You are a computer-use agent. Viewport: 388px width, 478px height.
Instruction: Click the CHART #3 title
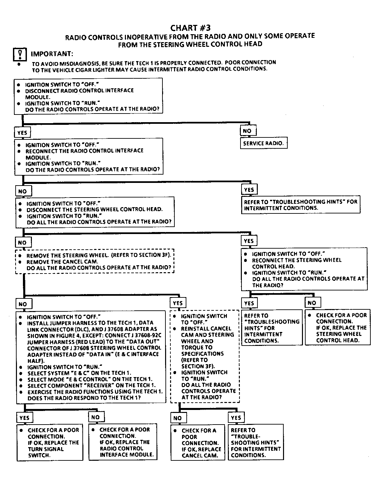point(190,28)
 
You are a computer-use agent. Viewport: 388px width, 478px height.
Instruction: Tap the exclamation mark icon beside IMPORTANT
point(20,54)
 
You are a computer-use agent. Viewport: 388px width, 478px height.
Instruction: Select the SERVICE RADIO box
point(263,143)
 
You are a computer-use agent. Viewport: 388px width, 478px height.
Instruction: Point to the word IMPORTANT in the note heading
point(52,54)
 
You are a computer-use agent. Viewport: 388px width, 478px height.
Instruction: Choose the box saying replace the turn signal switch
point(50,442)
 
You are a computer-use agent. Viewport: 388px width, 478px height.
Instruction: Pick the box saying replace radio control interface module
point(123,442)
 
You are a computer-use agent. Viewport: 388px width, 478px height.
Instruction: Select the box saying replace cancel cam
point(199,443)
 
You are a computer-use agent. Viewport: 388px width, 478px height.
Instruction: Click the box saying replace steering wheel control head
point(338,327)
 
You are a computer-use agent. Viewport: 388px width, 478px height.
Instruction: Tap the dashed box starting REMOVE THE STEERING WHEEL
point(95,261)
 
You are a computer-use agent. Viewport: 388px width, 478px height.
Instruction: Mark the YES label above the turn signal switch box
point(24,418)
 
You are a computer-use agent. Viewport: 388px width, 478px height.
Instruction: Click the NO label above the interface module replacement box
point(95,417)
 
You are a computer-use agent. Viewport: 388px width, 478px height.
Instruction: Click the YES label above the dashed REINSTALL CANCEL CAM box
point(178,303)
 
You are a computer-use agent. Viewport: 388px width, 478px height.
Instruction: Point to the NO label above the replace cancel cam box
point(178,418)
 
